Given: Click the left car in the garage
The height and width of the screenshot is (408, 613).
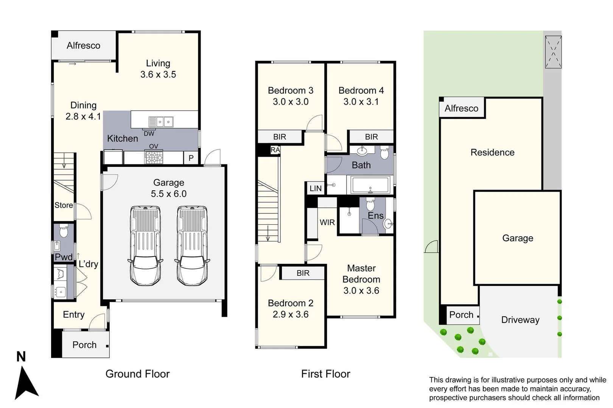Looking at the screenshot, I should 146,246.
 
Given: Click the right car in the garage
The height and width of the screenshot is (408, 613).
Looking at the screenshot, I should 192,246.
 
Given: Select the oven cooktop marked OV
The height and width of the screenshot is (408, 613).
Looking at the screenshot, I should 154,157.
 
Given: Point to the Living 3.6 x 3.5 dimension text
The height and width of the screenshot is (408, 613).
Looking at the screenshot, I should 158,74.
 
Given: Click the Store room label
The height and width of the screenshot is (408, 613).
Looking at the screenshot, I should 64,205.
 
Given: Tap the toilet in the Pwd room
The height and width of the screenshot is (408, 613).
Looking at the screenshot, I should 64,231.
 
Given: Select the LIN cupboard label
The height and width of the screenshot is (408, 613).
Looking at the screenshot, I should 316,189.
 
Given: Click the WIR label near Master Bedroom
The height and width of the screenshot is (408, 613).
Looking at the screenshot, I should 327,223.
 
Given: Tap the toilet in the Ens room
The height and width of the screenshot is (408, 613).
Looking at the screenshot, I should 370,205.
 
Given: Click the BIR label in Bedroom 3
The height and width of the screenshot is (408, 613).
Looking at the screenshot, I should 280,137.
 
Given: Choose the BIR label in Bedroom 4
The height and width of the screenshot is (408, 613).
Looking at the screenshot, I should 371,137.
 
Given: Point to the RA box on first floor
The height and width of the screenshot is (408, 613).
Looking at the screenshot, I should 275,150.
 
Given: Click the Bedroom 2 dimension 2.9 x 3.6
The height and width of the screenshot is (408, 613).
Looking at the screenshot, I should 291,314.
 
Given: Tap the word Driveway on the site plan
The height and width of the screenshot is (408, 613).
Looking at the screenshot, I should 520,320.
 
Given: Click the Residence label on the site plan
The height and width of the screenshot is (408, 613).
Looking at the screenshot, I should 492,152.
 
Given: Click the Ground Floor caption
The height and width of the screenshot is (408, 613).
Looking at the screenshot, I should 137,374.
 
